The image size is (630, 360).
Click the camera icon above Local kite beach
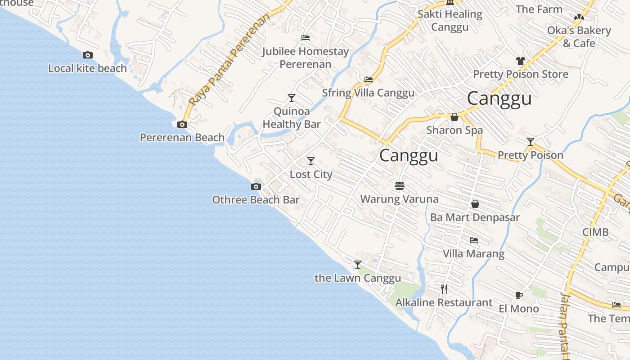tap(88, 55)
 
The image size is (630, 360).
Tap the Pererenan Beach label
tap(182, 137)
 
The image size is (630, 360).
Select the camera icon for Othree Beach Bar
tap(256, 186)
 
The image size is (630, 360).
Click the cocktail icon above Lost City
tap(310, 161)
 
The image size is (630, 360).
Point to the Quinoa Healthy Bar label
tap(292, 118)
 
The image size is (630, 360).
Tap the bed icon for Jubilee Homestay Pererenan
tap(306, 38)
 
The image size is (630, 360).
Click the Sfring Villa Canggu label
tap(368, 93)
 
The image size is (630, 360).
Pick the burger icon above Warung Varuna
tap(399, 185)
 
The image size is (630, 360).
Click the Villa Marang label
tap(473, 254)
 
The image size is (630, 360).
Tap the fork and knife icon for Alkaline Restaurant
tap(444, 289)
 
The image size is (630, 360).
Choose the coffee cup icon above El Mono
tap(518, 295)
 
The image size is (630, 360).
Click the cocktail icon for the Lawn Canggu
tap(358, 265)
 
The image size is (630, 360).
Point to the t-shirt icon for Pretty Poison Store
tap(521, 60)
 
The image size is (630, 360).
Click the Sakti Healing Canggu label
tap(450, 21)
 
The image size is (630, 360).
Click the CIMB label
tap(595, 232)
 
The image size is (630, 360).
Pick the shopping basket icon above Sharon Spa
tap(454, 117)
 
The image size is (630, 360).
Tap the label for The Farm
tap(539, 9)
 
